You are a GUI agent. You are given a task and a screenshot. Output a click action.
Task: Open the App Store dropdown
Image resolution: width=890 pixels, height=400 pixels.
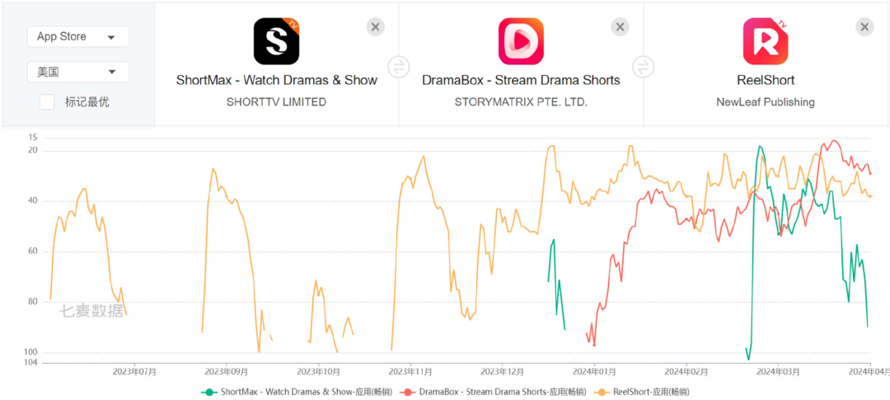[77, 37]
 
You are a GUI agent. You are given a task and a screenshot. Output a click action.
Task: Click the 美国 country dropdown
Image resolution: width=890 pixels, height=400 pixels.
[77, 72]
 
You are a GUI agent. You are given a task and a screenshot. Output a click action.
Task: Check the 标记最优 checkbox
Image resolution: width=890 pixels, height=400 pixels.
[48, 101]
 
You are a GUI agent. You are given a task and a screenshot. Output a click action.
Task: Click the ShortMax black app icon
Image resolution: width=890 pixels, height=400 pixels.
[276, 41]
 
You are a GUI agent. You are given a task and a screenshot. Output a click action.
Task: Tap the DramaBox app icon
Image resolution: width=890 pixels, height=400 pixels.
[521, 41]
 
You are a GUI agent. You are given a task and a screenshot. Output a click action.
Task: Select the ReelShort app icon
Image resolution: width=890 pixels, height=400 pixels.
[766, 41]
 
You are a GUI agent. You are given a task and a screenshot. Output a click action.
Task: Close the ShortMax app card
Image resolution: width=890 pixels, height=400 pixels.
[376, 26]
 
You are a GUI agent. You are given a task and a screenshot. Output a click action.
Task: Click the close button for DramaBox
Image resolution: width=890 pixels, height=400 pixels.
[621, 26]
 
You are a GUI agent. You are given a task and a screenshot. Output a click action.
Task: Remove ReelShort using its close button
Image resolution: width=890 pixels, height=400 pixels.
[864, 26]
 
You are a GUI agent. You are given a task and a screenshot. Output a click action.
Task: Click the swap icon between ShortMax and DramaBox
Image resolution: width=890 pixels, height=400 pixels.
[399, 67]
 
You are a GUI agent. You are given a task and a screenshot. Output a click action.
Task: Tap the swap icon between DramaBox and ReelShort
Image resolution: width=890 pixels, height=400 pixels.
[644, 67]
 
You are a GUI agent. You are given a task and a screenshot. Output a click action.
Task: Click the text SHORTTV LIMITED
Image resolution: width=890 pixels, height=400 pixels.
[276, 102]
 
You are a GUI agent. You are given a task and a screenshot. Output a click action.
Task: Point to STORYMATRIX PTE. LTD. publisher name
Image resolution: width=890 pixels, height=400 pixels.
[521, 102]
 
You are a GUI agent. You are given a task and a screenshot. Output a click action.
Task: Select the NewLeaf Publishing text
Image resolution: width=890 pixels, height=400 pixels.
[766, 102]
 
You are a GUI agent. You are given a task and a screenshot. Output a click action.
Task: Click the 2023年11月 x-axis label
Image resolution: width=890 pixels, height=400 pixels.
[410, 372]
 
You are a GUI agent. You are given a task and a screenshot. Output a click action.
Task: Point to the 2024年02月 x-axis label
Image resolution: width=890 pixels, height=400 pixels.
[687, 372]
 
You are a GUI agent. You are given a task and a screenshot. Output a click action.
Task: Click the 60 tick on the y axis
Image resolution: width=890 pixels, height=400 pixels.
[32, 251]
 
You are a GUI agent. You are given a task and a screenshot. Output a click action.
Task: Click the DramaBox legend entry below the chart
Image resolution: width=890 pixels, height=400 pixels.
[492, 391]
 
